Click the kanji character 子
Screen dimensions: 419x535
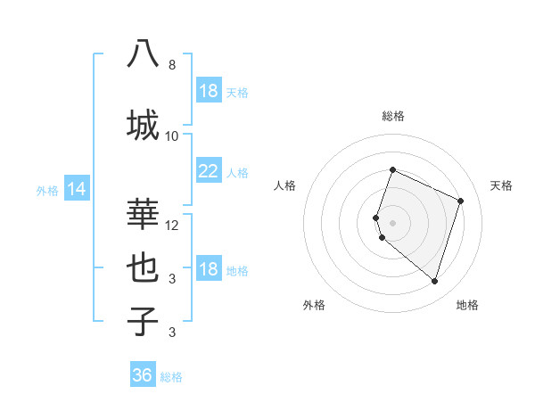coord(143,321)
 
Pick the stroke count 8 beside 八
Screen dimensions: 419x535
coord(172,65)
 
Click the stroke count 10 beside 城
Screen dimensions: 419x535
coord(172,136)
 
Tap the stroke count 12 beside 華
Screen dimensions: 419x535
coord(172,225)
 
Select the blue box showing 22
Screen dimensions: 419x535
coord(208,171)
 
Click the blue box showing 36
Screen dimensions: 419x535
coord(143,375)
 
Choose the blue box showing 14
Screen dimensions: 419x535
coord(76,189)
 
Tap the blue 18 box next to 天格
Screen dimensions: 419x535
coord(208,91)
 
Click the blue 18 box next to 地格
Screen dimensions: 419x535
coord(208,269)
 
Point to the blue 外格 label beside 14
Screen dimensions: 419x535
coord(46,190)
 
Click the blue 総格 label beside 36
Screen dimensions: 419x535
coord(171,377)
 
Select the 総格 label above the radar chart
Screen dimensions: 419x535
coord(393,116)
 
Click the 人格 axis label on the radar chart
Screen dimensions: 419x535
coord(285,185)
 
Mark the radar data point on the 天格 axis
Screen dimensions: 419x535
coord(461,201)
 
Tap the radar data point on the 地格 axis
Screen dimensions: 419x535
coord(434,282)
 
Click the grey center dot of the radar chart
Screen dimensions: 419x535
coord(393,222)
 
